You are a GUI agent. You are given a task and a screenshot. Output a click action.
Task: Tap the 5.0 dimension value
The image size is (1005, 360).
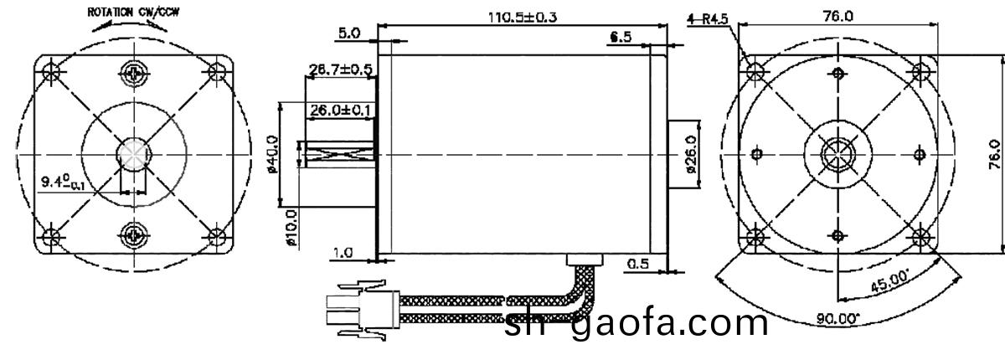point(350,33)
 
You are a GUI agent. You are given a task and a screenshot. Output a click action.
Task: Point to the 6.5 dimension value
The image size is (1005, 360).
point(621,38)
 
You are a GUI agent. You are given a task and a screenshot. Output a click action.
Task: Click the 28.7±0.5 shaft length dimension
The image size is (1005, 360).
point(341,69)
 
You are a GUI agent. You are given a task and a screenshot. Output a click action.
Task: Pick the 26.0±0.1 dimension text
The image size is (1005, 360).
point(341,109)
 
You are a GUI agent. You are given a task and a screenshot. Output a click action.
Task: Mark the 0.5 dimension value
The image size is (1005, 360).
point(639,264)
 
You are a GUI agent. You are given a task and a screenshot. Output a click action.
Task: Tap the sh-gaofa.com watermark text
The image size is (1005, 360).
point(636,322)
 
